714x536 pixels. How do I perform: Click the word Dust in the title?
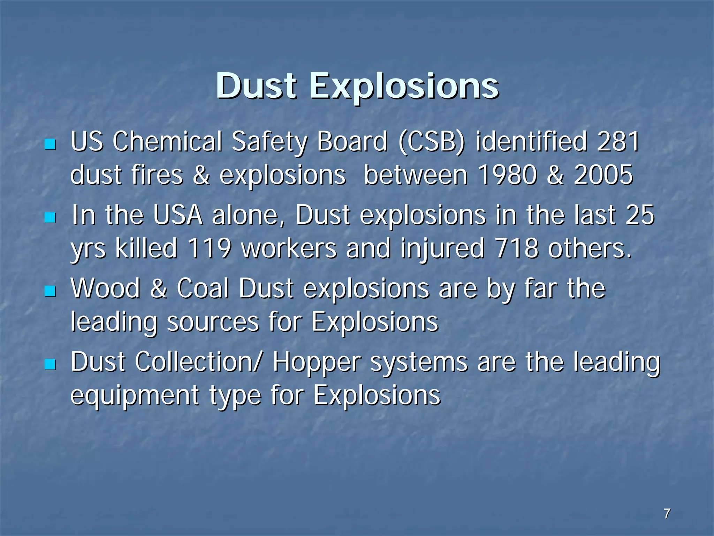[x=256, y=86]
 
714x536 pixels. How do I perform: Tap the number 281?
[x=618, y=142]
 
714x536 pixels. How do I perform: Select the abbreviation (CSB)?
[x=431, y=142]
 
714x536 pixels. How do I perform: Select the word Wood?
[x=105, y=289]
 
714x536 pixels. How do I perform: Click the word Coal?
[x=203, y=289]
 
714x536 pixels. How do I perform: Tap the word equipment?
[x=135, y=396]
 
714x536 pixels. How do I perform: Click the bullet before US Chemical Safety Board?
[x=51, y=144]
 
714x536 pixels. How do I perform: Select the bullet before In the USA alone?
[x=51, y=218]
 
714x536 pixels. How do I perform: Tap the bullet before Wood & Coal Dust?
[x=51, y=291]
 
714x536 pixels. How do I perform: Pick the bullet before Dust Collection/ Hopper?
[x=51, y=365]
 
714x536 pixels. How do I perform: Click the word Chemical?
[x=167, y=142]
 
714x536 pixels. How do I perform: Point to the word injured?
[x=442, y=248]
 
